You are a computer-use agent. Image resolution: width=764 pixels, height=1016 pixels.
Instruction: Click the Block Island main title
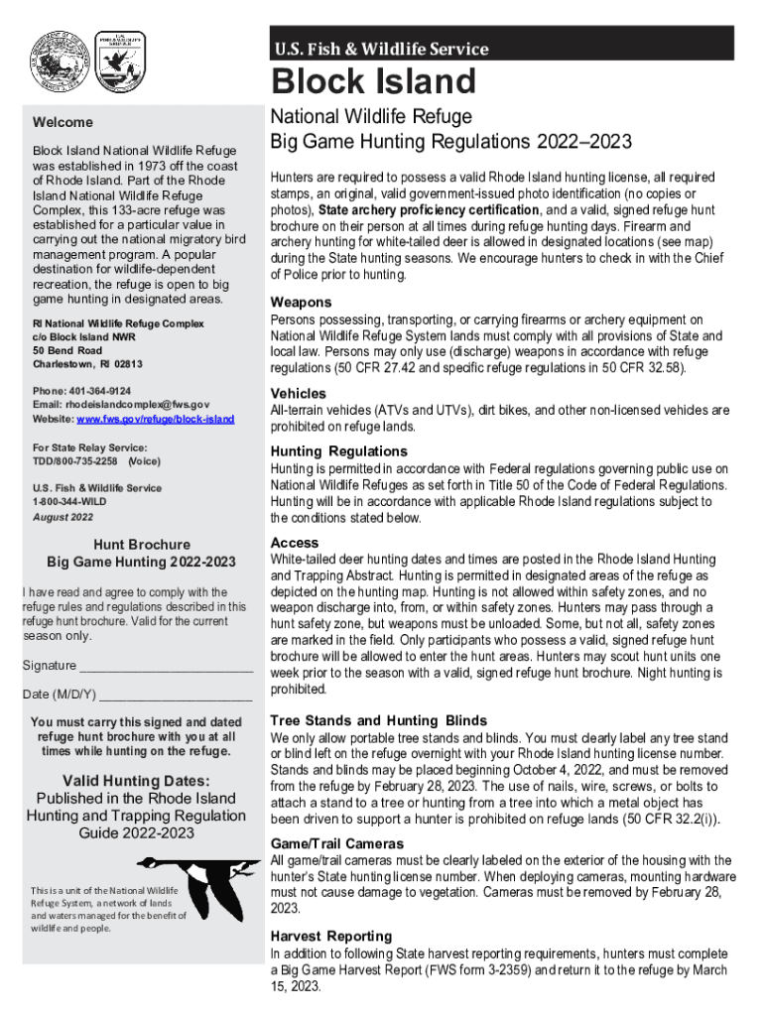tap(374, 82)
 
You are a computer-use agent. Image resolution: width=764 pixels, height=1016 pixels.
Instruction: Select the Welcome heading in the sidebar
tap(64, 123)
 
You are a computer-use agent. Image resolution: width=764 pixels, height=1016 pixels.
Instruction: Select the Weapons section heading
tap(301, 302)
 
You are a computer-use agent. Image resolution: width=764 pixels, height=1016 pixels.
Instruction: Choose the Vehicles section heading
tap(298, 393)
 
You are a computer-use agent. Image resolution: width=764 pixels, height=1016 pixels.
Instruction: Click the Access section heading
tap(295, 543)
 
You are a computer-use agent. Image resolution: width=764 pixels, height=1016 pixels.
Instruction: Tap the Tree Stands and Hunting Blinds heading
tap(378, 720)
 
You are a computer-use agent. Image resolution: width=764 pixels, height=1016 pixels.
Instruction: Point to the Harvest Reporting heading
tap(331, 936)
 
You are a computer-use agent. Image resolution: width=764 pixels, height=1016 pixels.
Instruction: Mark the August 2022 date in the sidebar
tap(63, 517)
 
